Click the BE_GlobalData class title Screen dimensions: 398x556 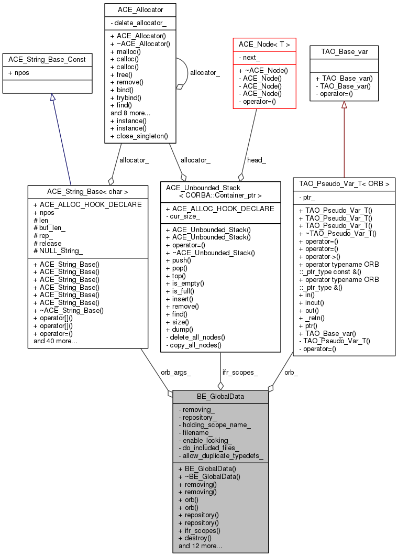point(220,397)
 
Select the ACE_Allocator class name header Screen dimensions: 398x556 point(140,10)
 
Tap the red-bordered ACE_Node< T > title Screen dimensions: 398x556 point(264,45)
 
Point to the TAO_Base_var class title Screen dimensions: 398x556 point(344,52)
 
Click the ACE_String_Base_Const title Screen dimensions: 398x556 point(47,60)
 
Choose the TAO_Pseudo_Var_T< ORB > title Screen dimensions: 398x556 point(344,184)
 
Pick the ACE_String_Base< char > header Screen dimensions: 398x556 point(87,192)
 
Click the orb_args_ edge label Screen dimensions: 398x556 point(176,373)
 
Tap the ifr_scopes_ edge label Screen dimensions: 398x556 point(240,373)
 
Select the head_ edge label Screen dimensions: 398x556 point(257,160)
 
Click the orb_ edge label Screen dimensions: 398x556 point(291,373)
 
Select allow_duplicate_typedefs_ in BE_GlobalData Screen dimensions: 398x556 point(221,456)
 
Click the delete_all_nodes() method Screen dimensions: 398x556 point(195,337)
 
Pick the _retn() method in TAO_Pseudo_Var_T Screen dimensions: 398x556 point(312,318)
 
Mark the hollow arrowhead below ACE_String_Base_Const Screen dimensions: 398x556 point(53,97)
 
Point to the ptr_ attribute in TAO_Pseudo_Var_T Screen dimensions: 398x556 point(307,197)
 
